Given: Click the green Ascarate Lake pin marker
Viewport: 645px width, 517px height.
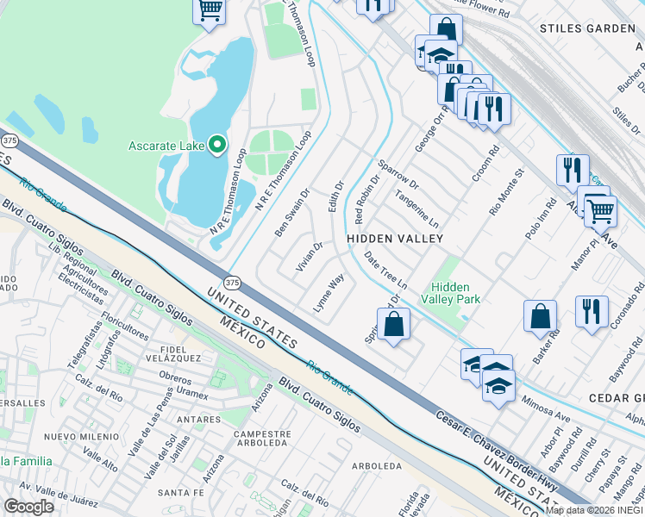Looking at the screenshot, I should (x=216, y=145).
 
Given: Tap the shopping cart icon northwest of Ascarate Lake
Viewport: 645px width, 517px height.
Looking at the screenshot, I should (x=210, y=11).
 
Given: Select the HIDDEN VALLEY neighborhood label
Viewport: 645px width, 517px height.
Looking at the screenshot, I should (x=394, y=238).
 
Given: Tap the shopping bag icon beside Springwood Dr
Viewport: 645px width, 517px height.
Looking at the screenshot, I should (x=393, y=325).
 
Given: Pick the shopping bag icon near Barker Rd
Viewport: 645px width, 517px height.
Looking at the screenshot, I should (x=540, y=316).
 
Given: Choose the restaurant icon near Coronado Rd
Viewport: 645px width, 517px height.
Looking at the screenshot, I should (x=592, y=311).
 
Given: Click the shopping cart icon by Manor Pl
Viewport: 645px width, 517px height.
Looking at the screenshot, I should (x=600, y=209).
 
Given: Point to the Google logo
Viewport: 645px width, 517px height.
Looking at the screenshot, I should (x=28, y=506).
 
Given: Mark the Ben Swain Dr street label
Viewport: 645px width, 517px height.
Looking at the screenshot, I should (x=291, y=214).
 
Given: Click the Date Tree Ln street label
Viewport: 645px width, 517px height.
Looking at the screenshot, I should (x=385, y=269).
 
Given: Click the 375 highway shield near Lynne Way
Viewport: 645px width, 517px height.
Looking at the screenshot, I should (x=232, y=282).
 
